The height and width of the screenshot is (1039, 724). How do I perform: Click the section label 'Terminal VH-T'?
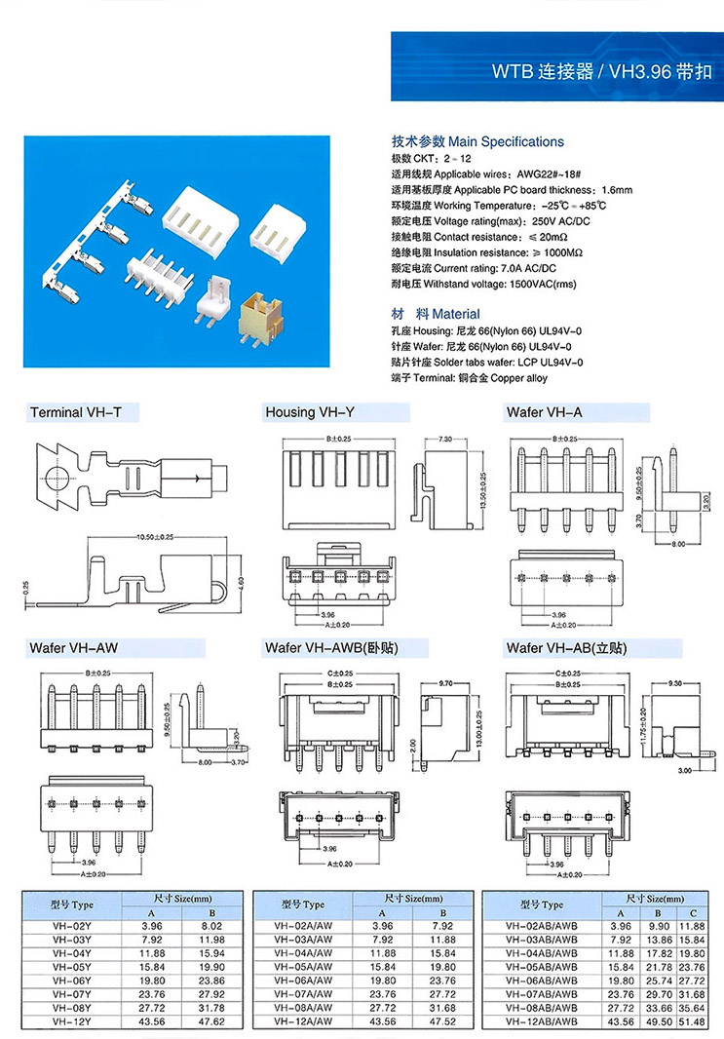pyautogui.click(x=76, y=412)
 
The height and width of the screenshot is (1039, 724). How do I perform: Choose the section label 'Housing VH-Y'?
pyautogui.click(x=310, y=412)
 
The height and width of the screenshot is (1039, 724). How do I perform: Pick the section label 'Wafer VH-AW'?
pyautogui.click(x=75, y=647)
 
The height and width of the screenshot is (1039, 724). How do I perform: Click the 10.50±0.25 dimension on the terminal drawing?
pyautogui.click(x=142, y=538)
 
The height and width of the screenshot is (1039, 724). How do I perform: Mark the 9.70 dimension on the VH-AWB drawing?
pyautogui.click(x=448, y=683)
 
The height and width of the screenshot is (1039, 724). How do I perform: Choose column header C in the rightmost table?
pyautogui.click(x=692, y=911)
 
